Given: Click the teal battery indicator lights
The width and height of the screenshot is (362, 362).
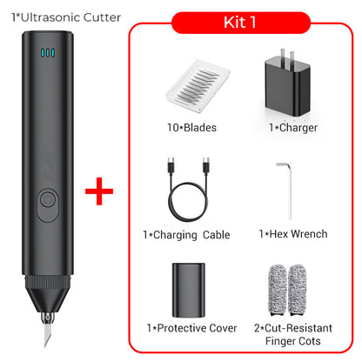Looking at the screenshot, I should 47,54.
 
